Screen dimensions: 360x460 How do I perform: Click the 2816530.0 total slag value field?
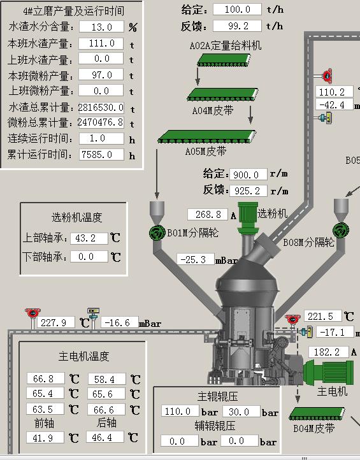tap(101, 108)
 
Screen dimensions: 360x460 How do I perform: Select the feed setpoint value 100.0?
tap(237, 10)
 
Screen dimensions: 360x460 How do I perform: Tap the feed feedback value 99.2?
tap(237, 26)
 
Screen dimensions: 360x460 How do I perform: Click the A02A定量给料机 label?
tap(226, 46)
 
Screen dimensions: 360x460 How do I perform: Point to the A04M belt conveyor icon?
tap(222, 94)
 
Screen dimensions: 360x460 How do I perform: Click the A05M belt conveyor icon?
tap(206, 137)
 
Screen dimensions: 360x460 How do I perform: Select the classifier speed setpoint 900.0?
tap(248, 175)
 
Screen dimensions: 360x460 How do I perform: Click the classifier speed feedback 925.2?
tap(248, 191)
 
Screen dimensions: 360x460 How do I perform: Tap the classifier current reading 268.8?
tap(208, 215)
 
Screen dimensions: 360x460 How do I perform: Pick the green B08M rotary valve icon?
tap(341, 231)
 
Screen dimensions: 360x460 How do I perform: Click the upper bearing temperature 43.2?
tap(89, 238)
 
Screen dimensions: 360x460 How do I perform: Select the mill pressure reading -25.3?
tap(196, 260)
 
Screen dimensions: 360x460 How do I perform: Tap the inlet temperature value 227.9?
tap(55, 323)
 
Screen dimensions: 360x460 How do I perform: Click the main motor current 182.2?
tap(329, 352)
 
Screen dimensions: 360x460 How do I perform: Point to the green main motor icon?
tap(328, 372)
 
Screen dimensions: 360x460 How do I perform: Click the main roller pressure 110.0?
tap(180, 412)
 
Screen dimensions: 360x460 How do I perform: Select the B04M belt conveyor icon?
tap(317, 414)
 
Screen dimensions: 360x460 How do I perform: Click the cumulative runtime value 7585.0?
tap(101, 155)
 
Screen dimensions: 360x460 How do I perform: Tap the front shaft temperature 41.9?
tap(45, 438)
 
